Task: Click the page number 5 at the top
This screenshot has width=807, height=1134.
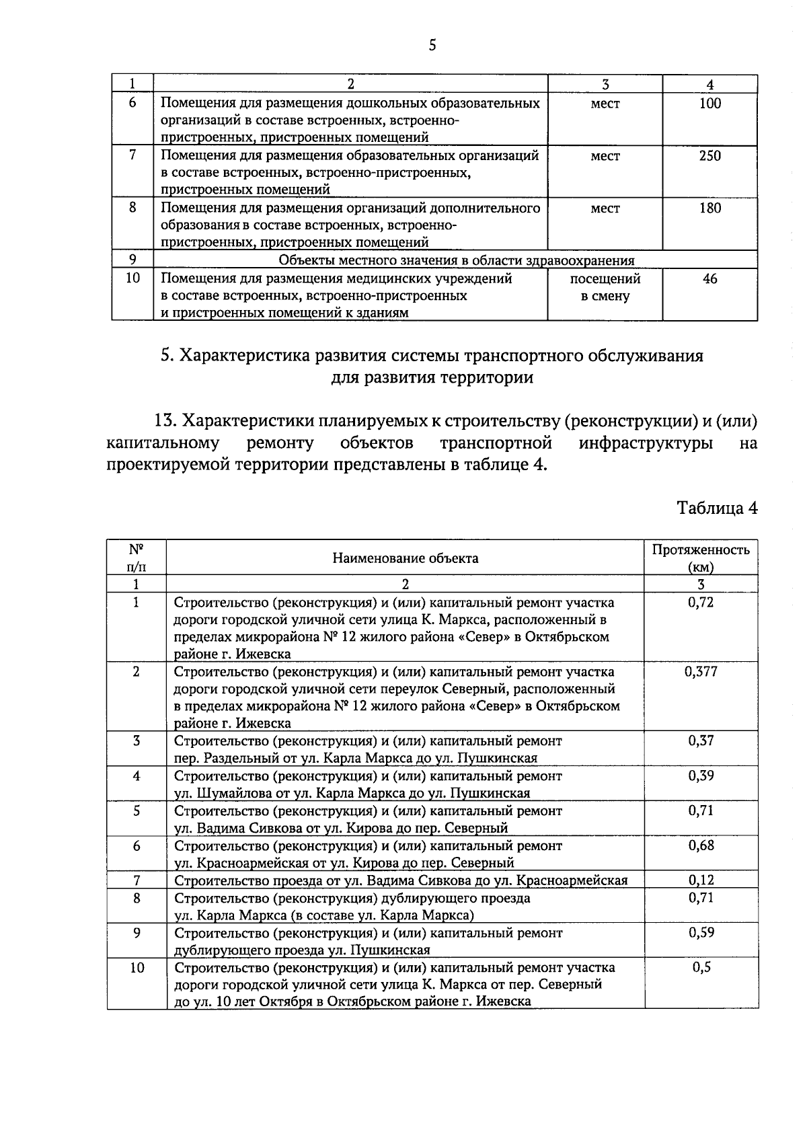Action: click(x=432, y=45)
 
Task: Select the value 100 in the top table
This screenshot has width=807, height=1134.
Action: click(x=709, y=103)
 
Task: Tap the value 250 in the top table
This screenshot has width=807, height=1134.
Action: click(x=709, y=155)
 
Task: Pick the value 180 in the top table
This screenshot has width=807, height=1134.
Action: click(x=709, y=208)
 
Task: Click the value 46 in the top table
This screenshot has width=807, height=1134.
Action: click(x=709, y=278)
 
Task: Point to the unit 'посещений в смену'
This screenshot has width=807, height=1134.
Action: click(x=605, y=287)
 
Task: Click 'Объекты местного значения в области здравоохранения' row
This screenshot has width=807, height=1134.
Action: click(x=456, y=260)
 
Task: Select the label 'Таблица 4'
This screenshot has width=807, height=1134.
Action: click(x=717, y=508)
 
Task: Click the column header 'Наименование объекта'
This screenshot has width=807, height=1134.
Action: click(x=405, y=558)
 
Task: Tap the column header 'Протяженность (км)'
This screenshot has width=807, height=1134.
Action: click(x=701, y=558)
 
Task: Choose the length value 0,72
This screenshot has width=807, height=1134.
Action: click(x=701, y=602)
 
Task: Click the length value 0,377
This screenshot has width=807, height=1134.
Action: click(x=701, y=671)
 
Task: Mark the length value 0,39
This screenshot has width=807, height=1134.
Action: click(x=701, y=776)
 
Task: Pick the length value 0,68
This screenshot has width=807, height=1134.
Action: click(x=701, y=845)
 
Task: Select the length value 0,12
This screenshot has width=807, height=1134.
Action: click(x=701, y=880)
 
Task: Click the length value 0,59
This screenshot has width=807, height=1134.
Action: click(x=701, y=932)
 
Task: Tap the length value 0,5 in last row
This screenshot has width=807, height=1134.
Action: click(x=701, y=967)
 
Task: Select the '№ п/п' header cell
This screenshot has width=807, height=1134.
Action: click(x=137, y=558)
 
